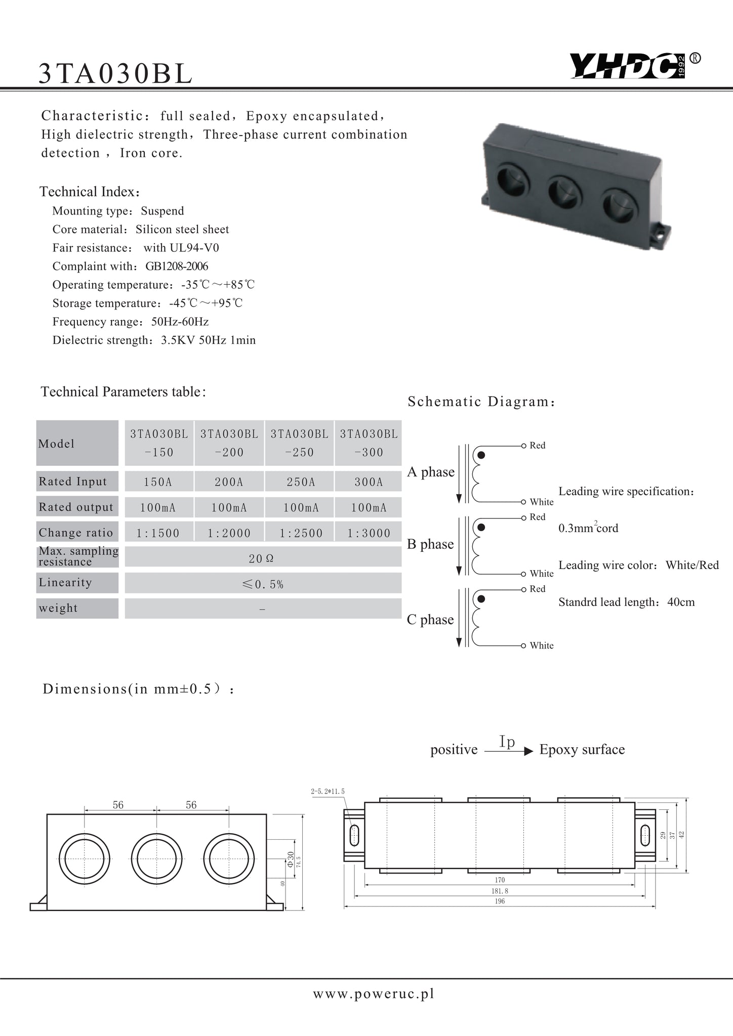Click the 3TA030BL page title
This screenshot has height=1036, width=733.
coord(115,74)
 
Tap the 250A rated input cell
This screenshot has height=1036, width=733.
coord(301,482)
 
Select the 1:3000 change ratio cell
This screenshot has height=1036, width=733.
coord(369,533)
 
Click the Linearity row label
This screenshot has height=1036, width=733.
coord(65,583)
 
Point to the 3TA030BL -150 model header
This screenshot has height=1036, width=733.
coord(159,443)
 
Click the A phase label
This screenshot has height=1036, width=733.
coord(431,472)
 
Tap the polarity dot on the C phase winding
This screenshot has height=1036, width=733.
coord(481,599)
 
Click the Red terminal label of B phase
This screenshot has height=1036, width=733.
coord(537,517)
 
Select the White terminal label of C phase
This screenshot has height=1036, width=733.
coord(541,645)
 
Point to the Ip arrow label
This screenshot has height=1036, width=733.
coord(507,742)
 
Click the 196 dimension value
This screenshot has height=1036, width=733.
coord(500,901)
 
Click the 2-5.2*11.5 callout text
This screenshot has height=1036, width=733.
coord(328,791)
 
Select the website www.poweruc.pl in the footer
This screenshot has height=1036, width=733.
coord(374,994)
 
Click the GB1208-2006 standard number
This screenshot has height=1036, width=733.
coord(177,267)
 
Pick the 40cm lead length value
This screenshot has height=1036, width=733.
coord(681,602)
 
